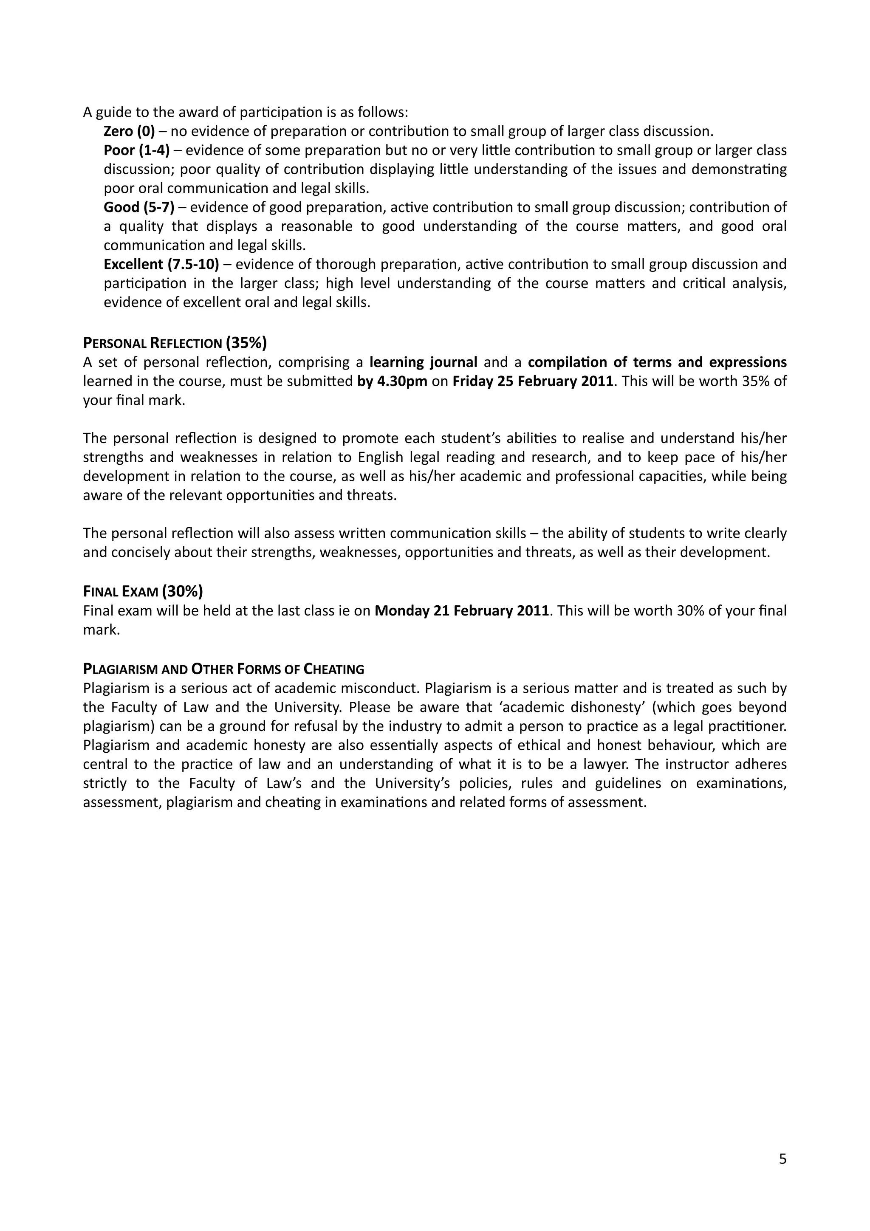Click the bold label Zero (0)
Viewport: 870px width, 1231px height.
(129, 131)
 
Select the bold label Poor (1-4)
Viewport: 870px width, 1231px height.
(136, 150)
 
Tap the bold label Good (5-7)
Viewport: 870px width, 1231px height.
(139, 207)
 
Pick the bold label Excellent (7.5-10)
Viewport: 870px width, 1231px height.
(161, 264)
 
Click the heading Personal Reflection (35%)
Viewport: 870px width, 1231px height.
(175, 343)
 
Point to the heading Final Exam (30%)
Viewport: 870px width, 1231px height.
(143, 591)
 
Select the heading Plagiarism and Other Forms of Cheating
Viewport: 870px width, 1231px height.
(223, 669)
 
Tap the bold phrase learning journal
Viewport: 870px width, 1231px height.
(424, 362)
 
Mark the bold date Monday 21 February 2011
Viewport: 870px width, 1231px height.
(461, 611)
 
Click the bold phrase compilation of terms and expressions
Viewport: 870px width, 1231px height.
(657, 362)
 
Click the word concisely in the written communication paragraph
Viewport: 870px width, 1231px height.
(141, 552)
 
